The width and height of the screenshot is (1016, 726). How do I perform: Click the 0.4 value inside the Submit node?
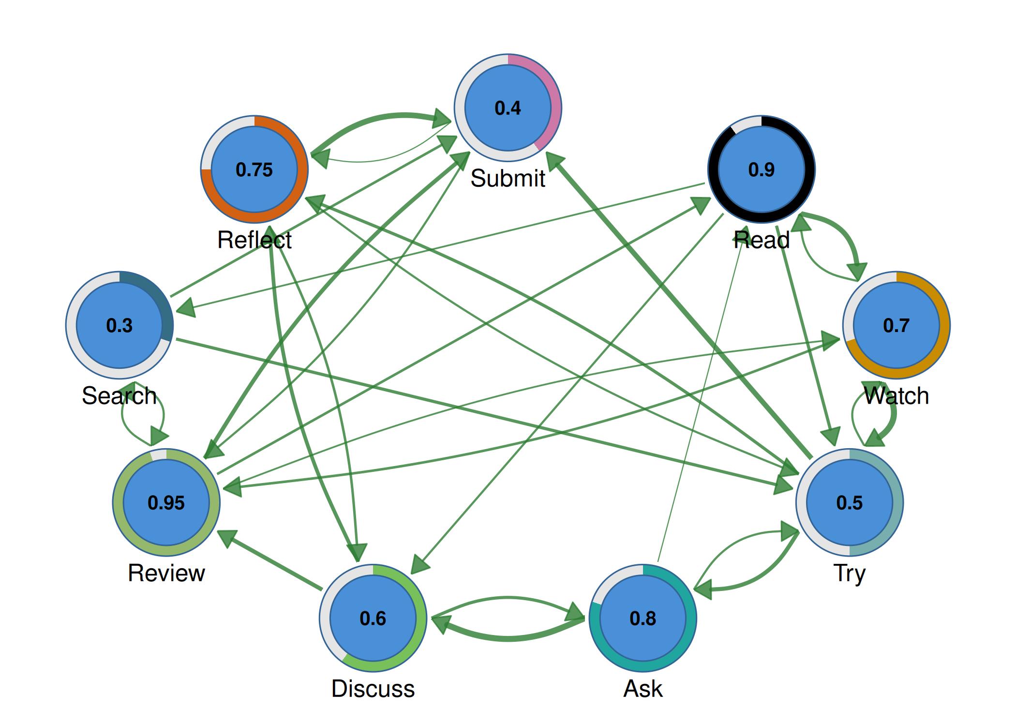coord(508,108)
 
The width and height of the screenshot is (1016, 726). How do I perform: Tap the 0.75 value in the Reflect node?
coord(254,170)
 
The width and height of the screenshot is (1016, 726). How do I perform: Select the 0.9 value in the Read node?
coord(761,170)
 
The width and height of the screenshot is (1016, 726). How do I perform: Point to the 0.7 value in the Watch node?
coord(896,325)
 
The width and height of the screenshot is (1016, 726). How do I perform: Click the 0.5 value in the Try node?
coord(849,503)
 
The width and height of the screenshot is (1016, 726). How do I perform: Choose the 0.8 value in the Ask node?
coord(642,619)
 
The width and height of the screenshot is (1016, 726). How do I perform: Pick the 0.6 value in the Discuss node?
coord(373,619)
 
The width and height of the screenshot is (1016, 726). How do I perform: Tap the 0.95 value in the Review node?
coord(166,503)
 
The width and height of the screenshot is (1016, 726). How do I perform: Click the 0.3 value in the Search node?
coord(119,325)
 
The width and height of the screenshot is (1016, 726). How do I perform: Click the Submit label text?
coord(508,179)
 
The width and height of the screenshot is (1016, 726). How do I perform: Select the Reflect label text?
coord(254,240)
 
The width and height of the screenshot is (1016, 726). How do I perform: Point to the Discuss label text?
coord(373,689)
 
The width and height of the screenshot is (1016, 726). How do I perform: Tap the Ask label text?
coord(642,689)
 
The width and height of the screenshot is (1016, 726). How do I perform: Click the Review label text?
coord(166,573)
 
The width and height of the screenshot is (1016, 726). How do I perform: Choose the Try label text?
coord(849,573)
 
